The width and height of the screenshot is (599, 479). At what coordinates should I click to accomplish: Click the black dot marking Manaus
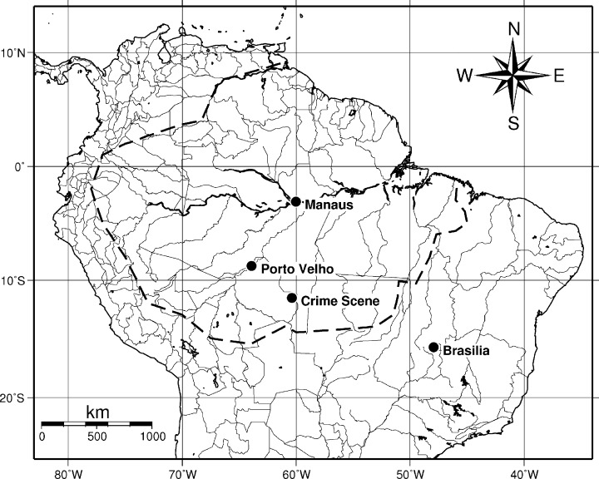coord(295,201)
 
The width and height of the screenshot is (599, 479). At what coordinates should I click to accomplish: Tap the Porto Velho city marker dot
coord(251,266)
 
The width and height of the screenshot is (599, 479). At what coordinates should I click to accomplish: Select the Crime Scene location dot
coord(292,298)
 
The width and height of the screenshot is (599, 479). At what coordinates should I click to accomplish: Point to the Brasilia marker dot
coord(433,348)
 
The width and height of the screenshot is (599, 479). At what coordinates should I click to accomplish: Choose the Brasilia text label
coord(466,351)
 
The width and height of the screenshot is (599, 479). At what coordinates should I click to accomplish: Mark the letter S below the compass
coord(513,124)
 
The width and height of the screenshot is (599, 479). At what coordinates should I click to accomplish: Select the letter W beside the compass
coord(465,77)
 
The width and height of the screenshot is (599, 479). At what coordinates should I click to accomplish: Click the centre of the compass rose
coord(513,76)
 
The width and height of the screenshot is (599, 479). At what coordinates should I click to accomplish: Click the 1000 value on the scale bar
coord(151,436)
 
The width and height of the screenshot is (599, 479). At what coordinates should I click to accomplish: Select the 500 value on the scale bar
coord(97,436)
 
